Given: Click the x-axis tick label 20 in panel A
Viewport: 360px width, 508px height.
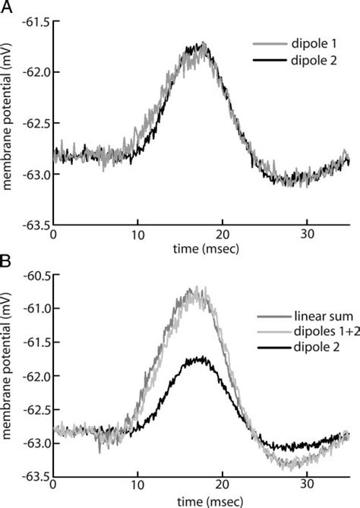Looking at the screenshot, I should (x=223, y=236).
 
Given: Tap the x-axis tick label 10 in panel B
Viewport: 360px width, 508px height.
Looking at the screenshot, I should (x=137, y=488).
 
